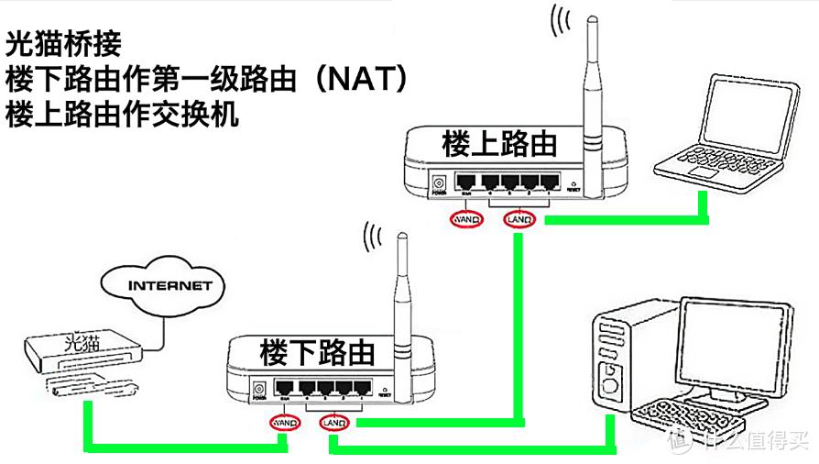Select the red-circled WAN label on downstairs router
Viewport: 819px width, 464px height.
[284, 424]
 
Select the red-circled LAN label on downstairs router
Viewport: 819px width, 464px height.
[334, 424]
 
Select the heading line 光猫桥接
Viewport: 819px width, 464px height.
[70, 42]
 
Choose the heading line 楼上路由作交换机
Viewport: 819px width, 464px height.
[121, 116]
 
